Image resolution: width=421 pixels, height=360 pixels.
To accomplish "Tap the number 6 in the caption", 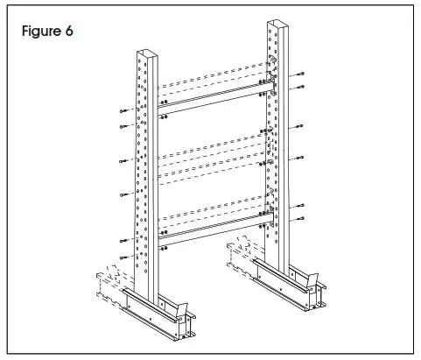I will [x=68, y=32].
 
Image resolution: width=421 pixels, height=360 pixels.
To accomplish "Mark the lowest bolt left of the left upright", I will [x=120, y=257].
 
